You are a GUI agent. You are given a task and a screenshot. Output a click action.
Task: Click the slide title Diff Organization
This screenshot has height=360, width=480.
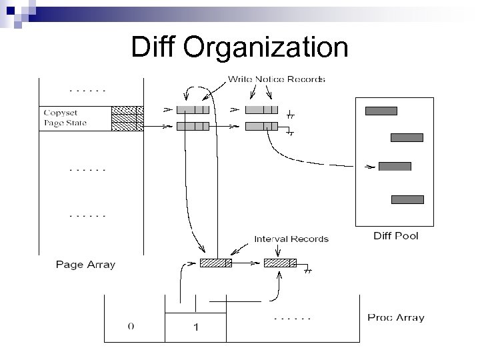point(239,47)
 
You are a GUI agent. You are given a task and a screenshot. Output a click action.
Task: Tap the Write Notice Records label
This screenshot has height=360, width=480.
point(277,79)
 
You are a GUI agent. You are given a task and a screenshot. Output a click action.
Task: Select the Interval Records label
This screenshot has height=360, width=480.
point(291,239)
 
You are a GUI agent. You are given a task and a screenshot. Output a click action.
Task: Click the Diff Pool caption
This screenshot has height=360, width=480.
point(395,236)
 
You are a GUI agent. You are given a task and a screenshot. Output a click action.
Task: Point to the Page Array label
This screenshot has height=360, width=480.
point(85,265)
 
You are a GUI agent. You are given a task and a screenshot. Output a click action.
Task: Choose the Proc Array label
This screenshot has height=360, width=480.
point(395,317)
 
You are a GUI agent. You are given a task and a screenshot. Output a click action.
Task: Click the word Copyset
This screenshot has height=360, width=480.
point(60,111)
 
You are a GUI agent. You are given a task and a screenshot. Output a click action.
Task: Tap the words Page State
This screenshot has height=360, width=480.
point(65,123)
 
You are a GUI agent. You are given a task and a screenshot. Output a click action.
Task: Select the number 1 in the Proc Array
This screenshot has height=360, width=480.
point(195,327)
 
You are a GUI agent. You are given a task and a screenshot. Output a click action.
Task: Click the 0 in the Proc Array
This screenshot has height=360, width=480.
point(131,327)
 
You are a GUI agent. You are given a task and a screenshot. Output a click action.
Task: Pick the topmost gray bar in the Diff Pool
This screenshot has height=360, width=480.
point(381,111)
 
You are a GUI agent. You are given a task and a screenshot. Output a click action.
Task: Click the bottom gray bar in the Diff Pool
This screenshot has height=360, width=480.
point(407,199)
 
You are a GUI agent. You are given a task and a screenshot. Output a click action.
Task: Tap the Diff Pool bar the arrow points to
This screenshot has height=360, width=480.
point(395,166)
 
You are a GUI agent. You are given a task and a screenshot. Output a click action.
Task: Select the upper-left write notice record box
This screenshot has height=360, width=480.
point(193,110)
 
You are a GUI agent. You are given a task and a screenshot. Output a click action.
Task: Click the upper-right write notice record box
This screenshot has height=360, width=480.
point(261,110)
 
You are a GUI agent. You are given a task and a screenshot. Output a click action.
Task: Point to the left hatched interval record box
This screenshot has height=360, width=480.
point(216,263)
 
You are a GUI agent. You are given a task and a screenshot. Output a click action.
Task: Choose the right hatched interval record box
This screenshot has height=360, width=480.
point(280,263)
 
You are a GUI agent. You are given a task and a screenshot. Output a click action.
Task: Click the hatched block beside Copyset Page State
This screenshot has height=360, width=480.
point(127,117)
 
